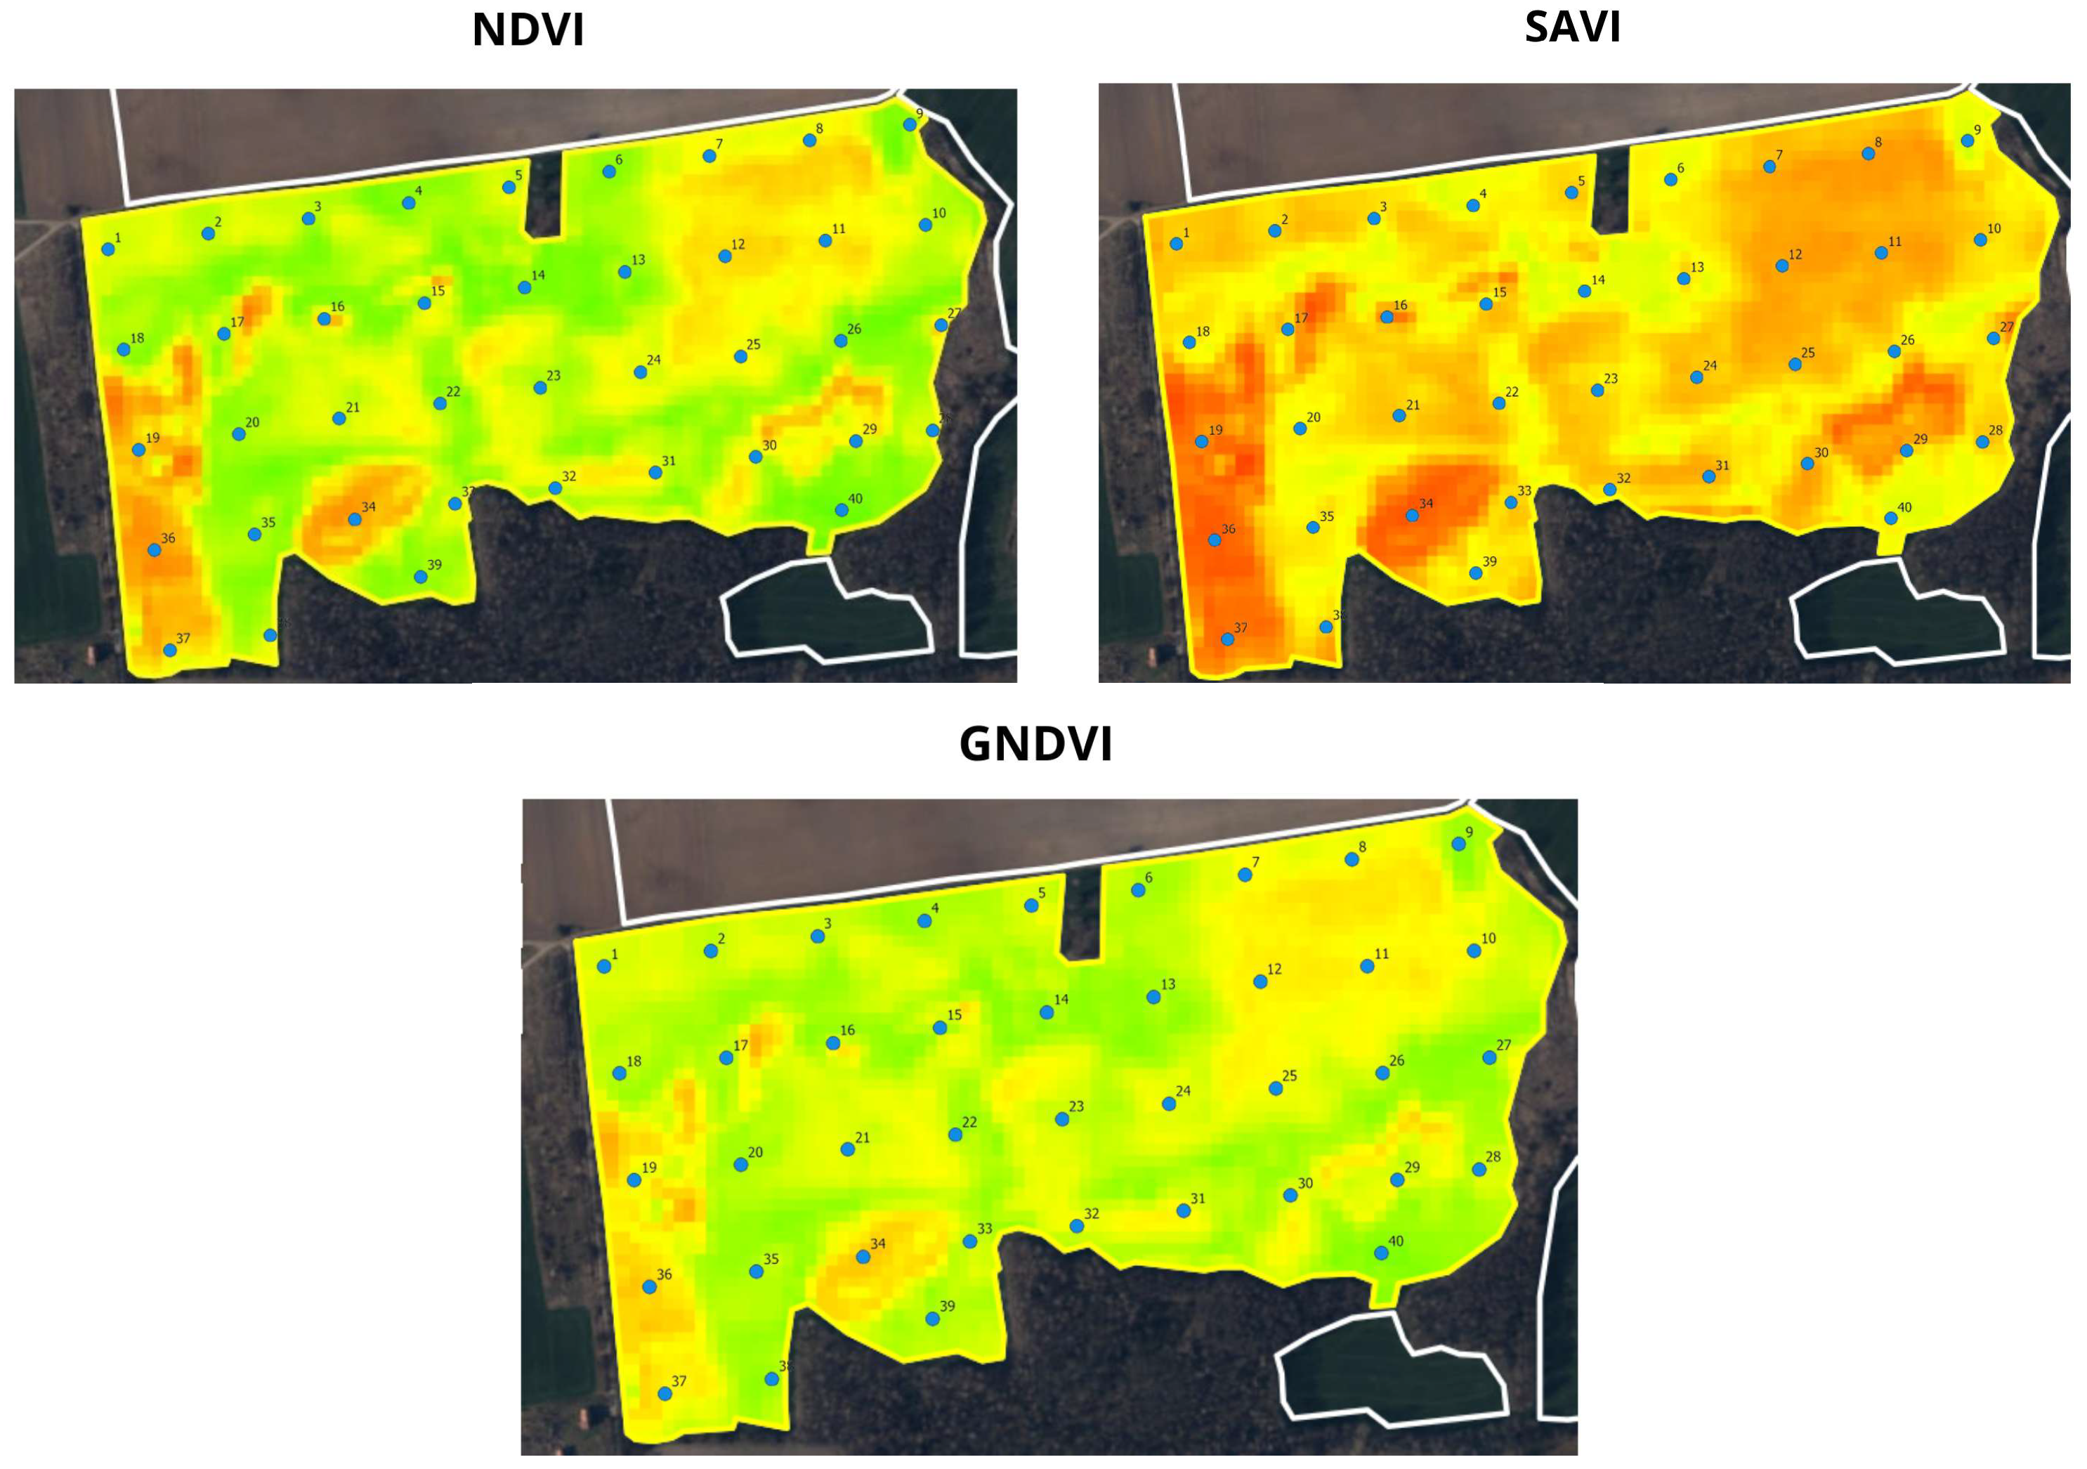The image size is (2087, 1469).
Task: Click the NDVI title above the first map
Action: click(x=528, y=30)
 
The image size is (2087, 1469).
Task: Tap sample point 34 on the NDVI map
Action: click(x=355, y=519)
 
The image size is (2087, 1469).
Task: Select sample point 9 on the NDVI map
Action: click(x=909, y=124)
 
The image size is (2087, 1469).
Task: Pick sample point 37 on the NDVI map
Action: click(x=169, y=650)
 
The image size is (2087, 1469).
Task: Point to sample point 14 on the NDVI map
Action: click(x=525, y=287)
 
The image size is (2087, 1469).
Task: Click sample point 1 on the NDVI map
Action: click(x=107, y=249)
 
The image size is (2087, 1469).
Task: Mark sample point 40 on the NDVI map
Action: click(x=842, y=510)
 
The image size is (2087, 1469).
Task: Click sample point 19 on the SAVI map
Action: click(x=1202, y=442)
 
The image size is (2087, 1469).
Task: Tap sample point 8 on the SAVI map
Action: click(x=1868, y=154)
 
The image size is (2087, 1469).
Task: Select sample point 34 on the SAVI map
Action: click(x=1412, y=516)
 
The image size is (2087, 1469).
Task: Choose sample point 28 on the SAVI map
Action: click(x=1982, y=442)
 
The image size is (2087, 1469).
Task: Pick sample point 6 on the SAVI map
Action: click(x=1670, y=180)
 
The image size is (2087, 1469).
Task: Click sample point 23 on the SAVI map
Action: click(x=1597, y=390)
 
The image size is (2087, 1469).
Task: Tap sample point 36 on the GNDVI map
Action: click(x=649, y=1287)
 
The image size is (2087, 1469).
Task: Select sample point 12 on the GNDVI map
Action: click(x=1260, y=981)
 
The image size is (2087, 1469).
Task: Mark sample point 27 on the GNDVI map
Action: click(x=1489, y=1057)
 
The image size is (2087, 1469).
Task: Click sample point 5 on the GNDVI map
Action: click(x=1031, y=906)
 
